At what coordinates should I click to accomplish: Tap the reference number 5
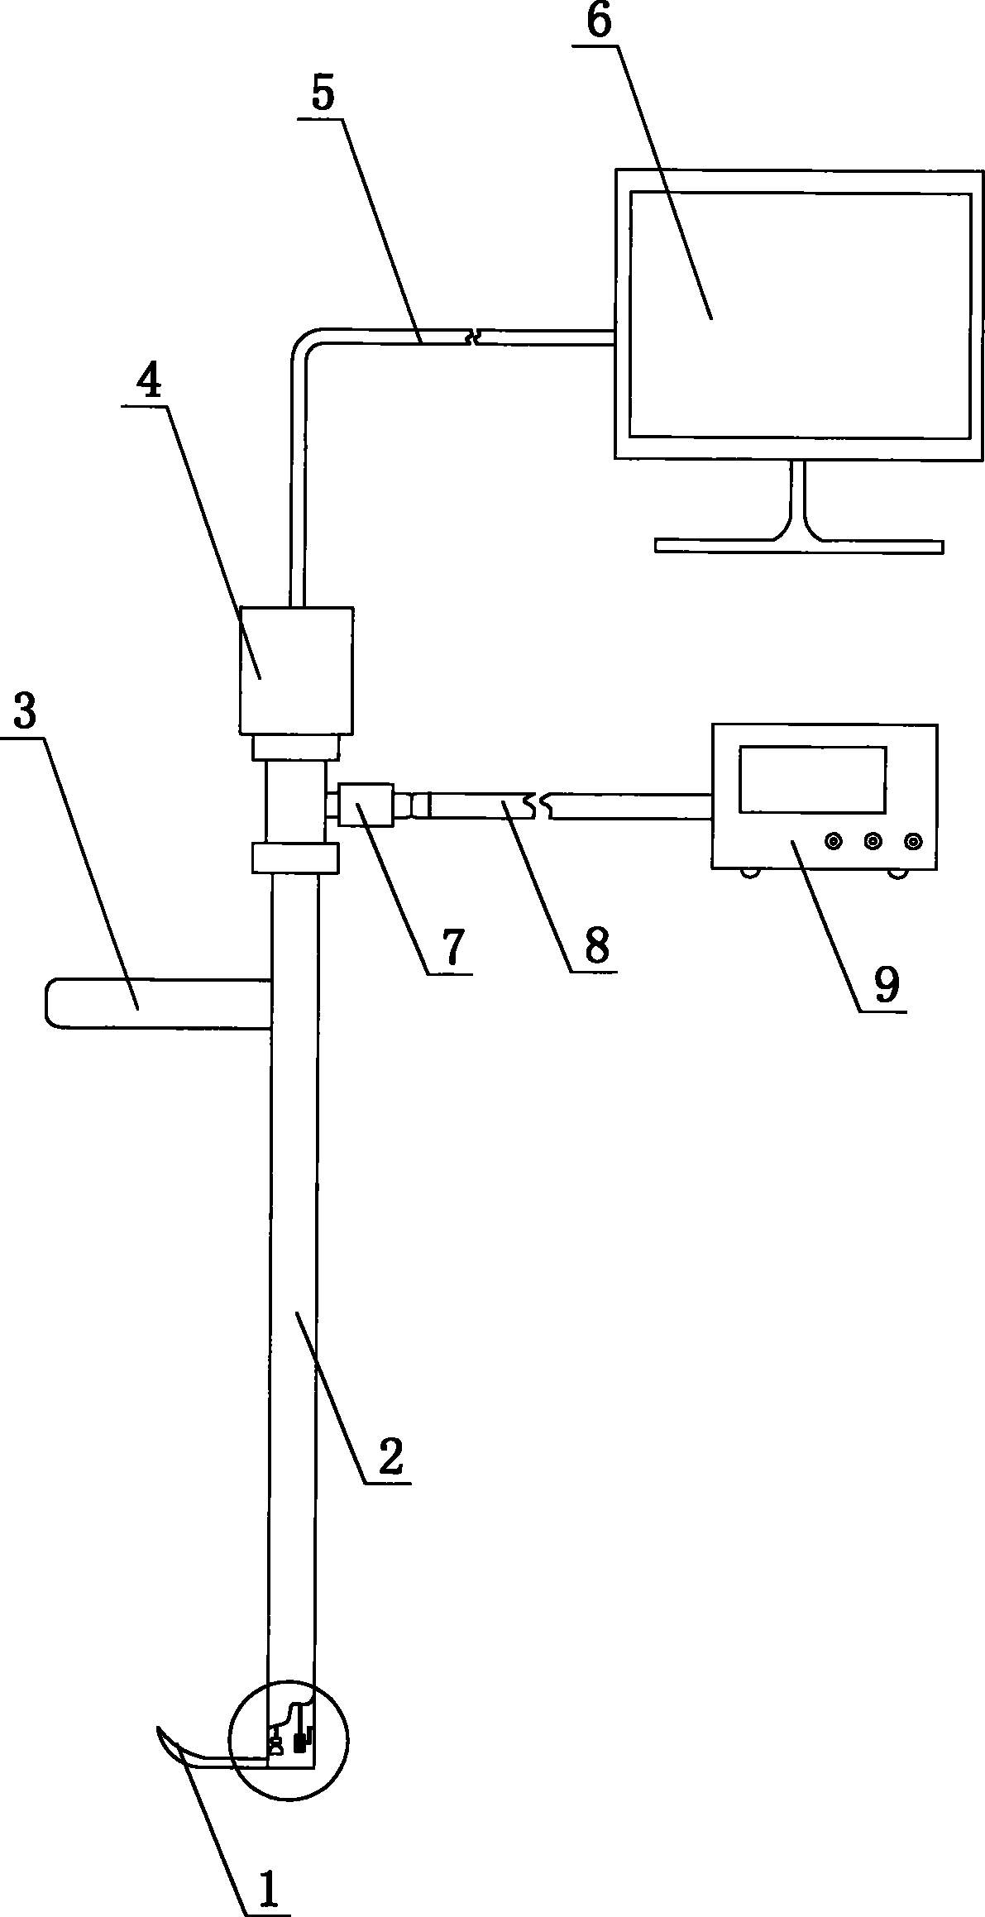(323, 95)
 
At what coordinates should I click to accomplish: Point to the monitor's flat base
(798, 546)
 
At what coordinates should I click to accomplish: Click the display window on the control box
(812, 779)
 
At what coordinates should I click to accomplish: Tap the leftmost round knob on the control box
(834, 841)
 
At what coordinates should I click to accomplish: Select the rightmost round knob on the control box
(912, 841)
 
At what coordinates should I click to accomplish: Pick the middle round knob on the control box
(873, 841)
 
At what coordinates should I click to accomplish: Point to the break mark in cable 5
(473, 337)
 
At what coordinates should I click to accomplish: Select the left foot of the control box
(751, 872)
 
